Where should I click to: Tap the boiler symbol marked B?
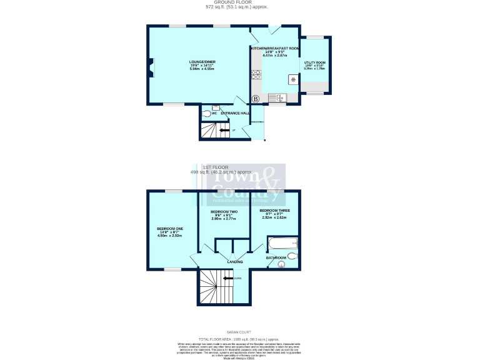click(255, 99)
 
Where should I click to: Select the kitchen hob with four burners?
click(255, 74)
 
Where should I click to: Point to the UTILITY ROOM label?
click(314, 63)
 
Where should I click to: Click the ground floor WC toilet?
click(207, 113)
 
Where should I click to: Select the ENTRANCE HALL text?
click(235, 113)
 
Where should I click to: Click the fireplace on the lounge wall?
click(151, 65)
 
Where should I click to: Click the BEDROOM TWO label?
click(223, 212)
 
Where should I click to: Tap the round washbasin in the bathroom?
click(281, 264)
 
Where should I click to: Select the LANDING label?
click(235, 261)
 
